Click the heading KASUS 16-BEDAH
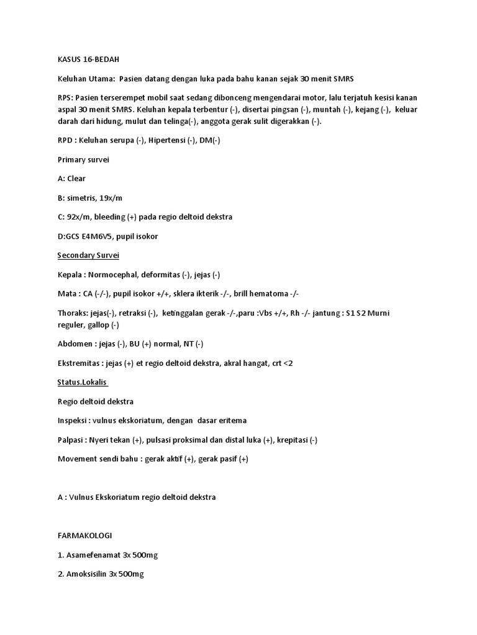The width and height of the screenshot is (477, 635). coord(83,60)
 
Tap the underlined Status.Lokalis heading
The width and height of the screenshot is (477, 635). coord(82,382)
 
